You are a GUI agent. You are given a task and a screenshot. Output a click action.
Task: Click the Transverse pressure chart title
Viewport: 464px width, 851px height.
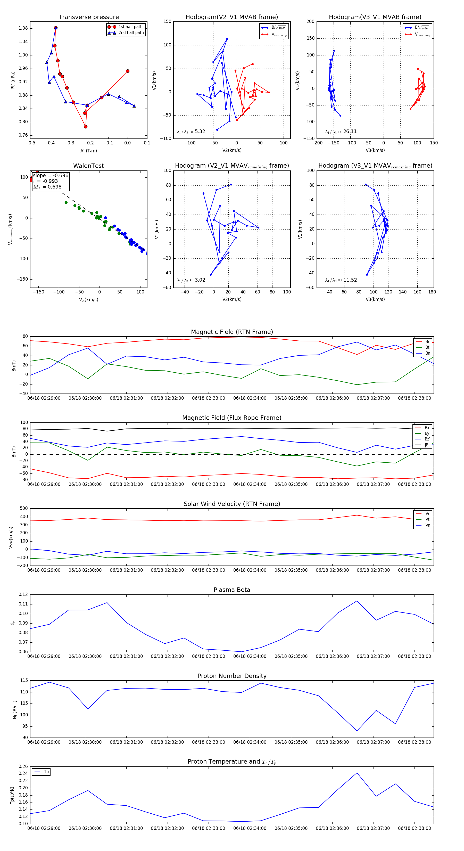click(x=88, y=17)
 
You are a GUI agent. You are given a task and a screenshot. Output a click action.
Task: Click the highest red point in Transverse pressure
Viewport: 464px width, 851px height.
click(x=56, y=28)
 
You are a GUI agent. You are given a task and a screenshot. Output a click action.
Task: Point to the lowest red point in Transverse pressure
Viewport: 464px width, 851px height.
click(x=86, y=127)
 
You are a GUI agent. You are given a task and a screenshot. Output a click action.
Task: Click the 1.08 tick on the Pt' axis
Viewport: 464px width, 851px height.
click(x=23, y=28)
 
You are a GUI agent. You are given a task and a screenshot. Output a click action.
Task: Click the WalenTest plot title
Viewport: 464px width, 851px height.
click(x=88, y=166)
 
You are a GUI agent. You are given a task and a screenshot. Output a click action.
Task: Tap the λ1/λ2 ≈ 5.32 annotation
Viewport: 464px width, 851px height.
click(x=191, y=132)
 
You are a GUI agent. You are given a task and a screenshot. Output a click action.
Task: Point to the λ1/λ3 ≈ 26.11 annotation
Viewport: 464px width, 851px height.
click(x=341, y=132)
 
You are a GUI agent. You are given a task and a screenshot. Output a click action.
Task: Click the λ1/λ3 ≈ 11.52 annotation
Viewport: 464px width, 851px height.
click(x=341, y=280)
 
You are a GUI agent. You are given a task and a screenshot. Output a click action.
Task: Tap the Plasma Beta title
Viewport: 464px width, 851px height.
click(x=232, y=590)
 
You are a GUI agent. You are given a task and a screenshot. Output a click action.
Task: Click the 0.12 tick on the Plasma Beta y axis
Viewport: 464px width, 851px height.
click(x=23, y=595)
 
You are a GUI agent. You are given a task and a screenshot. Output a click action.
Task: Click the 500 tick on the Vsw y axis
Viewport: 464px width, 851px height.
click(x=24, y=509)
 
